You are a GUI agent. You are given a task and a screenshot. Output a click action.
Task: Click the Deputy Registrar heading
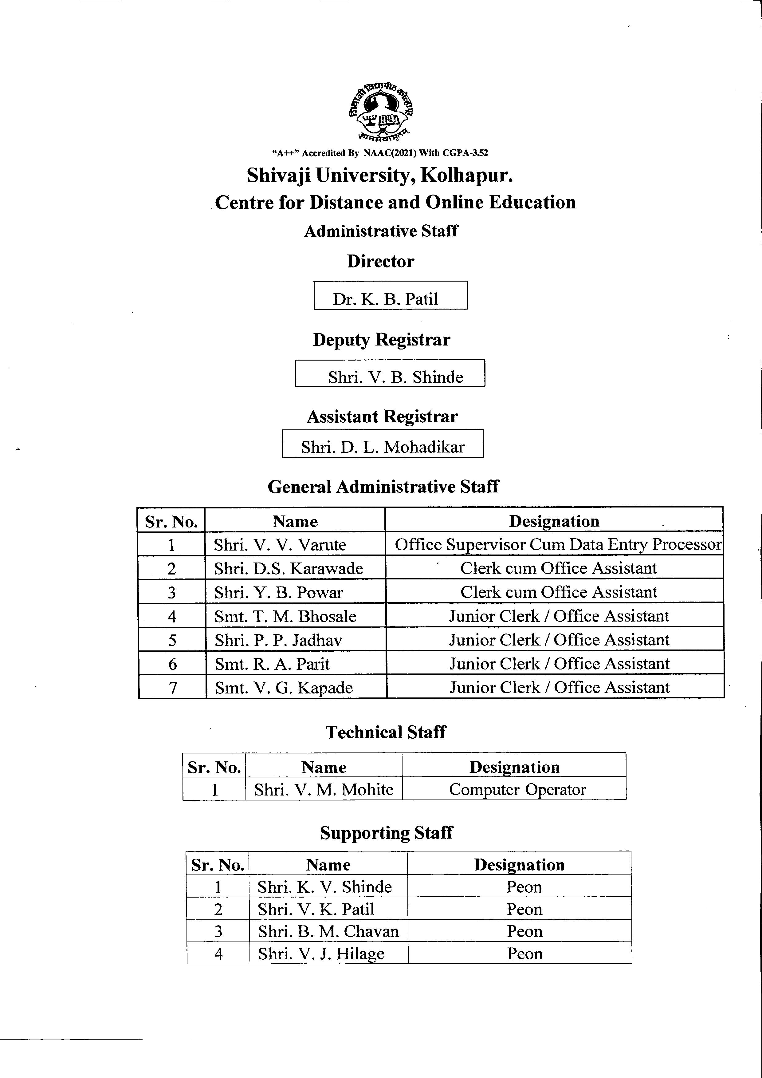pyautogui.click(x=382, y=339)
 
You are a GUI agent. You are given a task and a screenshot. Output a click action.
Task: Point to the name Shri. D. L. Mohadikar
pyautogui.click(x=383, y=447)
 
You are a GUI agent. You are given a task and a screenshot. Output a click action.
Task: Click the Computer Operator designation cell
pyautogui.click(x=517, y=790)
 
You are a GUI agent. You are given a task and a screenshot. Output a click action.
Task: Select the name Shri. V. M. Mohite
pyautogui.click(x=324, y=790)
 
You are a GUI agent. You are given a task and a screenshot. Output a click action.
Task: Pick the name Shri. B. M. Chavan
pyautogui.click(x=328, y=931)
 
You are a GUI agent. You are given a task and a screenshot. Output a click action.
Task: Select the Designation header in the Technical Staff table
pyautogui.click(x=514, y=767)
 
